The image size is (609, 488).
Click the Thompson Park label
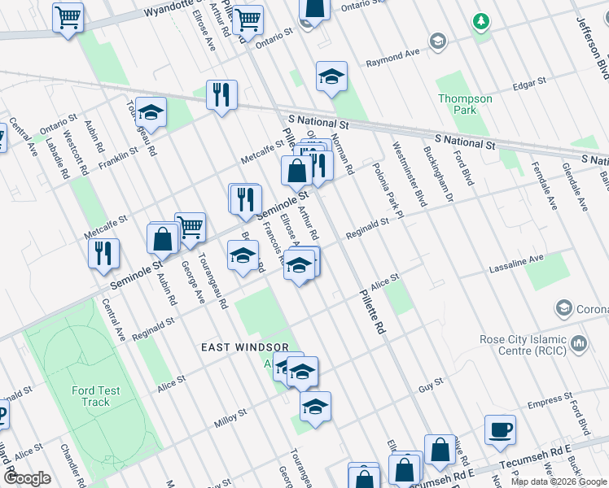[465, 104]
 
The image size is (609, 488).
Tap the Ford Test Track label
[95, 396]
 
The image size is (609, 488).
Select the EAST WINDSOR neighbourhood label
[246, 347]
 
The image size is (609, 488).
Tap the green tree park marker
[482, 20]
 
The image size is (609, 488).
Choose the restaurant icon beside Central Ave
[104, 253]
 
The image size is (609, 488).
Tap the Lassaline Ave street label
[515, 262]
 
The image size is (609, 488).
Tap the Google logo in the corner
[28, 478]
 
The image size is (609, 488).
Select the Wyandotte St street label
[171, 11]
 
